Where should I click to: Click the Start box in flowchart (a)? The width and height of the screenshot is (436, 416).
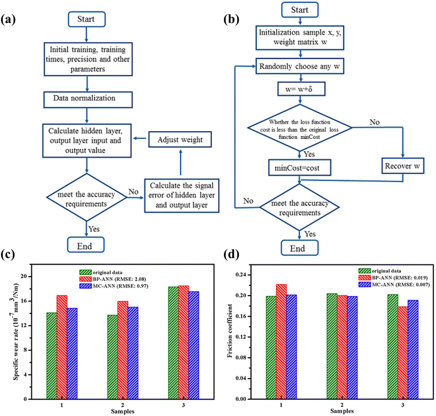87,19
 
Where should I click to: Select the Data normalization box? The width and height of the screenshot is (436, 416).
88,100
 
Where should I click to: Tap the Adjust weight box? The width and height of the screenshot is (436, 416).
180,139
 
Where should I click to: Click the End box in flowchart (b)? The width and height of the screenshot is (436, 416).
299,248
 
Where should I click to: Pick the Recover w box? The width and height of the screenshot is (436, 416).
403,166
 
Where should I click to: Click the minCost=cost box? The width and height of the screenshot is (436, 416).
299,168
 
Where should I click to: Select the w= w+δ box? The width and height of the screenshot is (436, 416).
301,89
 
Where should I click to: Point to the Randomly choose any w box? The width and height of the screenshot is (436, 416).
300,66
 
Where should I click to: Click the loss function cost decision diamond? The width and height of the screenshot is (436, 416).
300,128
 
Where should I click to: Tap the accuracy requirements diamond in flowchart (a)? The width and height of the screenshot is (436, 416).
87,197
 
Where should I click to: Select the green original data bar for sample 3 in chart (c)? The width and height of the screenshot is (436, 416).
173,343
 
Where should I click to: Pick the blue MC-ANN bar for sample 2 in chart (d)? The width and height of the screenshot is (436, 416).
352,347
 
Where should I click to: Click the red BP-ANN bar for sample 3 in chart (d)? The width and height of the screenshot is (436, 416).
403,353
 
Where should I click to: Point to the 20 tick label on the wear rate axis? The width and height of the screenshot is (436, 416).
24,276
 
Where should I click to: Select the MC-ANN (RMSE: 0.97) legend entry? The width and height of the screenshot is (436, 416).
114,286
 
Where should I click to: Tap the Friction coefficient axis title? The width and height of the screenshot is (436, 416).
230,331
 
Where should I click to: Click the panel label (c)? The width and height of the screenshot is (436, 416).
8,255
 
